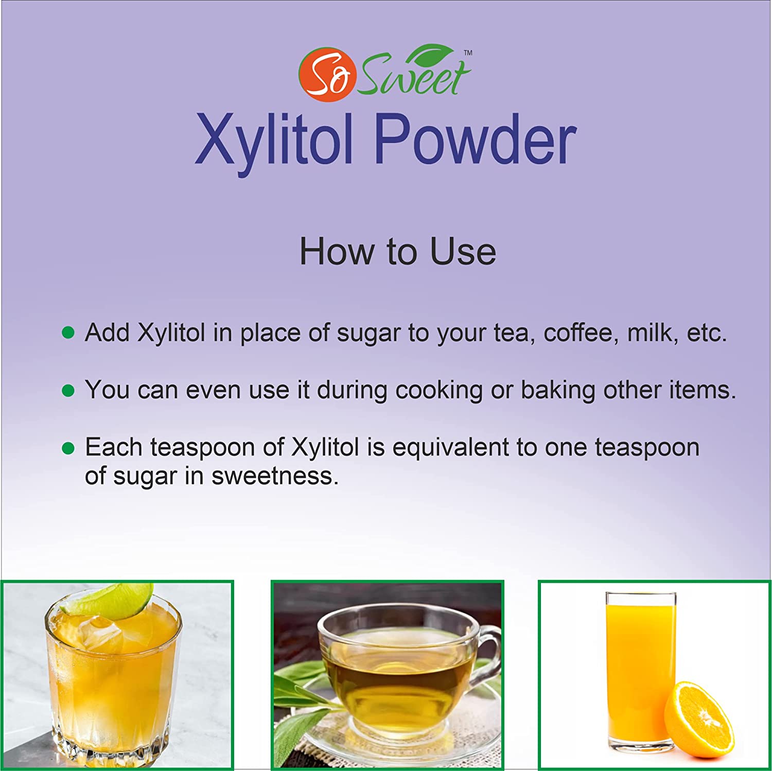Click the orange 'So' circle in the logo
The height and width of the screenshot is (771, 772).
pyautogui.click(x=327, y=75)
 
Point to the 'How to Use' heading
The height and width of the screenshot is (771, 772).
pyautogui.click(x=398, y=251)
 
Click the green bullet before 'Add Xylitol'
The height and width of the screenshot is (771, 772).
pyautogui.click(x=68, y=332)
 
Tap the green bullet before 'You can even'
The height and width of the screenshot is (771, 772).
pyautogui.click(x=68, y=390)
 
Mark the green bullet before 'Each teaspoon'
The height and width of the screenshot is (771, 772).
pyautogui.click(x=68, y=448)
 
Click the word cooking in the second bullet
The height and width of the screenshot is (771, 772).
pyautogui.click(x=439, y=390)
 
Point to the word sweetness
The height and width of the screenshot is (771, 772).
pyautogui.click(x=275, y=476)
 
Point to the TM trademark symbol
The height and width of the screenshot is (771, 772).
pyautogui.click(x=468, y=52)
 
